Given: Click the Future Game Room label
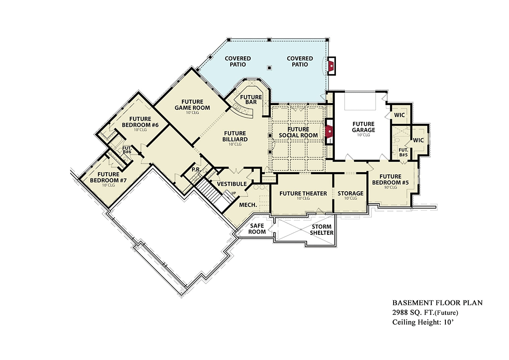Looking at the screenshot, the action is click(192, 105).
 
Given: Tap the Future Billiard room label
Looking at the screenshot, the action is click(235, 137).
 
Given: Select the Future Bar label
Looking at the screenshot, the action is click(251, 100).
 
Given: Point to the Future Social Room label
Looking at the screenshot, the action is click(298, 132).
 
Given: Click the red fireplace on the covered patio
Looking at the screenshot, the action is click(331, 66).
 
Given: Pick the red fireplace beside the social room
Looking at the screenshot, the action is click(329, 132).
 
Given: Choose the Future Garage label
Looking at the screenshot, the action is click(364, 127).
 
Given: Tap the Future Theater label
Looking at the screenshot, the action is click(303, 193).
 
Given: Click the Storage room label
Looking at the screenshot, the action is click(350, 193).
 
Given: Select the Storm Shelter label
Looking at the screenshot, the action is click(322, 230).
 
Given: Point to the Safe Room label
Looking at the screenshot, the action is click(257, 229).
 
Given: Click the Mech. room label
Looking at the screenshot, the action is click(248, 205).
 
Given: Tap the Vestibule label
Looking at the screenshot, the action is click(232, 184).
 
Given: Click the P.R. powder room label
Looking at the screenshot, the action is click(196, 170).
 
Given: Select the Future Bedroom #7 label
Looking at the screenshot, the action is click(108, 177).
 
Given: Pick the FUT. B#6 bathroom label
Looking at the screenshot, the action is click(127, 150).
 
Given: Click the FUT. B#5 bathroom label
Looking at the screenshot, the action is click(403, 152).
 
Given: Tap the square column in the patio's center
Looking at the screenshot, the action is click(269, 68).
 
